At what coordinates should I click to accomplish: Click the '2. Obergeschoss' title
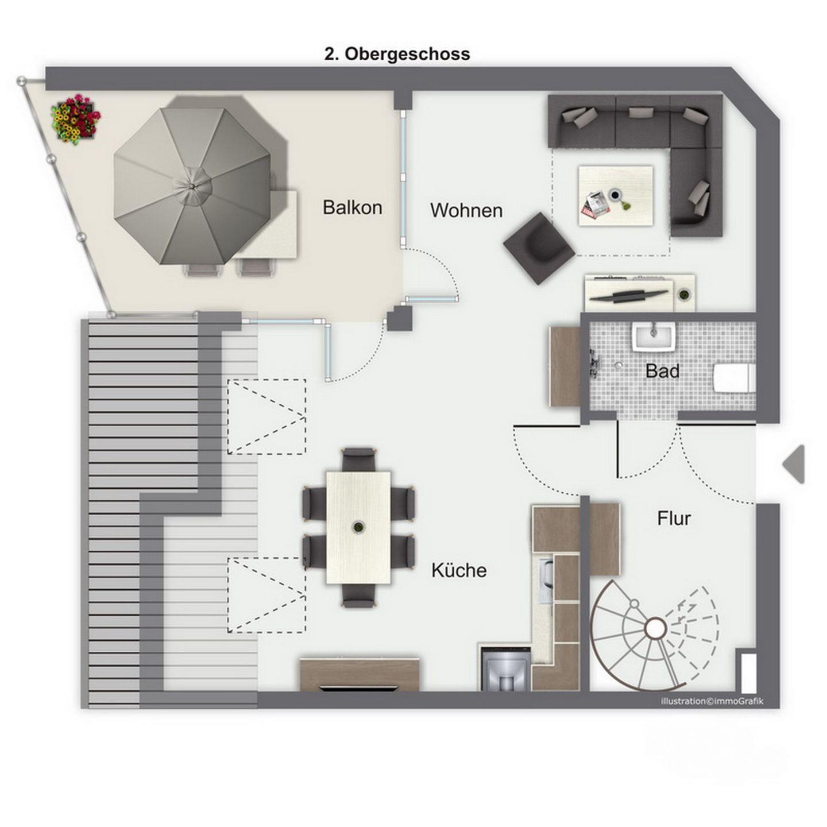click(x=397, y=55)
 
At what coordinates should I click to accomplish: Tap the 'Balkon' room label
click(x=353, y=207)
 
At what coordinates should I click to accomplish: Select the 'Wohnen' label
click(x=466, y=210)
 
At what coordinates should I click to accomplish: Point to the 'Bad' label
click(x=662, y=371)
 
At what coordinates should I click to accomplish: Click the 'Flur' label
click(x=674, y=519)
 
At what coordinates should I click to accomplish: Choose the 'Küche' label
click(x=459, y=570)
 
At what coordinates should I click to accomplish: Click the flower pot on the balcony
click(x=76, y=118)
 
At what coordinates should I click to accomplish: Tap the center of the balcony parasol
click(x=192, y=186)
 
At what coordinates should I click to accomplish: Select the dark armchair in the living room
click(x=539, y=248)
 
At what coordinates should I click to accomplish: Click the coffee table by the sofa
click(x=616, y=196)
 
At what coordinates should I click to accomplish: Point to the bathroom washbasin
click(x=653, y=337)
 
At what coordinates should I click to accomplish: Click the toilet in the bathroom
click(x=734, y=377)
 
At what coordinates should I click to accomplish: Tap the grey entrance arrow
click(x=794, y=464)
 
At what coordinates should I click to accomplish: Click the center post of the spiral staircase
click(x=655, y=629)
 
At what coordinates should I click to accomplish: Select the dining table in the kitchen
click(x=358, y=527)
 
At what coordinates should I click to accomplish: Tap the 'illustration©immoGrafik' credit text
click(x=712, y=701)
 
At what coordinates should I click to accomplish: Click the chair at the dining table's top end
click(x=359, y=459)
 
